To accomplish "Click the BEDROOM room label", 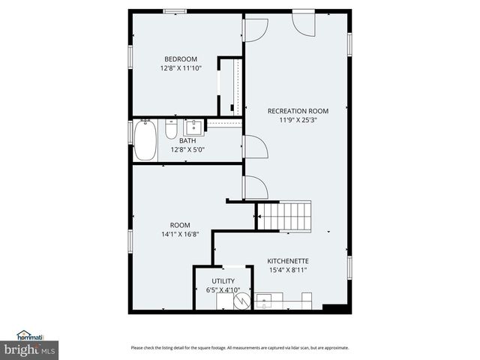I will click(x=181, y=59).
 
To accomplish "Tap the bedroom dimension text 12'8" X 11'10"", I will click(x=181, y=68).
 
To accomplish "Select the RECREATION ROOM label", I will click(x=298, y=110).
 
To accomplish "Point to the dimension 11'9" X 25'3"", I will click(x=298, y=119).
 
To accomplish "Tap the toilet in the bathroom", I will click(x=170, y=131).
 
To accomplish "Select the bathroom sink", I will click(x=193, y=127).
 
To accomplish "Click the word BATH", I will click(x=187, y=140).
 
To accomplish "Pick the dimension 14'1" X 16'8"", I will click(x=180, y=234).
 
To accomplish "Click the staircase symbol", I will click(x=284, y=215).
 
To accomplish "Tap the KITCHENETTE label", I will click(x=288, y=261).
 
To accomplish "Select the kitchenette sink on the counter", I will click(x=265, y=301).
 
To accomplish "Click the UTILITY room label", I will click(x=223, y=281).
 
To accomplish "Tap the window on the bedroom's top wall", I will click(x=175, y=10).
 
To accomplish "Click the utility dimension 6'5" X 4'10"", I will click(x=223, y=290).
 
